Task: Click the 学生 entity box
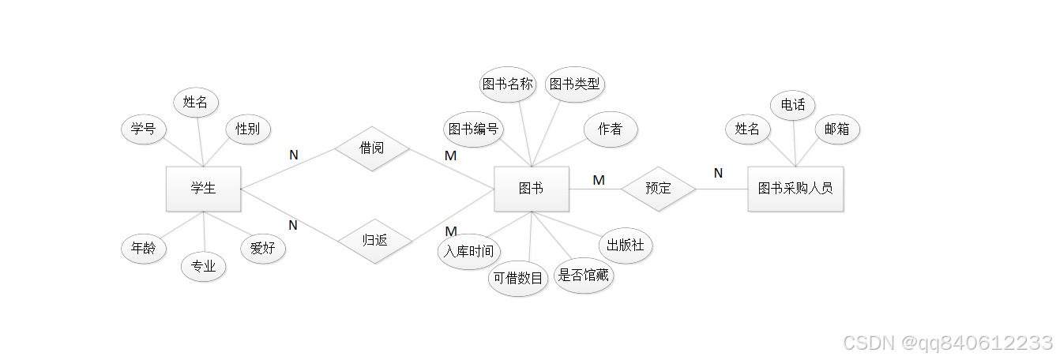click(x=203, y=189)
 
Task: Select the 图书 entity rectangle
click(x=531, y=189)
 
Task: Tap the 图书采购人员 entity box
click(x=795, y=189)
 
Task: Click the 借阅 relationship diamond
click(x=371, y=148)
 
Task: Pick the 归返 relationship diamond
click(x=374, y=240)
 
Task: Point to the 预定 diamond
click(x=658, y=189)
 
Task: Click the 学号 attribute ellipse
click(x=143, y=129)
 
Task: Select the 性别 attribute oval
click(x=247, y=129)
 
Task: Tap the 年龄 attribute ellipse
click(x=144, y=249)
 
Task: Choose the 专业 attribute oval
click(x=203, y=267)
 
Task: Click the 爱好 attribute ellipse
click(x=263, y=249)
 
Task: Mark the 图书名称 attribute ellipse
click(x=508, y=84)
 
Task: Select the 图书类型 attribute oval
click(x=575, y=84)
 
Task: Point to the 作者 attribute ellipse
click(x=610, y=129)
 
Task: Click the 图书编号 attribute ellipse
click(x=473, y=129)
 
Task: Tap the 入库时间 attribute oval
click(x=468, y=252)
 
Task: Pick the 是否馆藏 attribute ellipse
click(x=584, y=276)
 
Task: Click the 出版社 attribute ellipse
click(x=626, y=246)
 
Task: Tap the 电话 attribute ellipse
click(x=792, y=105)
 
